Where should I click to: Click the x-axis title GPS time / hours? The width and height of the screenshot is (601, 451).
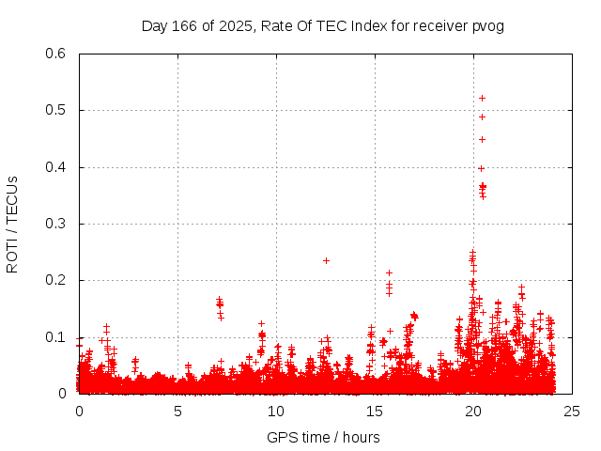pos(324,437)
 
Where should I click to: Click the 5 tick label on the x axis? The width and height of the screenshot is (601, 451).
pos(177,411)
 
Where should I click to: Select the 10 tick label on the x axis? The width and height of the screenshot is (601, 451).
pos(276,411)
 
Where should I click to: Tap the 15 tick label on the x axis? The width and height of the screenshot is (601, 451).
pos(375,411)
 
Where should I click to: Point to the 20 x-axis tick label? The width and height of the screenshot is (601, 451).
pos(473,411)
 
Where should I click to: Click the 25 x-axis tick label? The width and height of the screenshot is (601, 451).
pos(572,411)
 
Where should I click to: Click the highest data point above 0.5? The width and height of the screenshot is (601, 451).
pos(482,98)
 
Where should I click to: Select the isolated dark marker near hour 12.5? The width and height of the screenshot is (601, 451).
pos(326,260)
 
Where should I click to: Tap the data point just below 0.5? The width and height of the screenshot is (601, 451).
pos(482,117)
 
